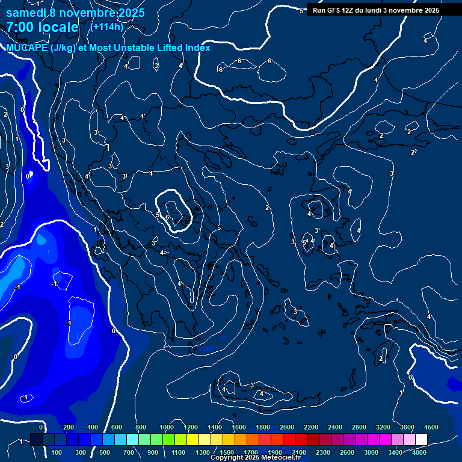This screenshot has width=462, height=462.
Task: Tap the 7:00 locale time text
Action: click(x=42, y=27)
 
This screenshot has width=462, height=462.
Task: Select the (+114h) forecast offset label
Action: click(x=106, y=26)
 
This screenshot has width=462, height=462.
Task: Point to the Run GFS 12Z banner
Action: click(x=376, y=10)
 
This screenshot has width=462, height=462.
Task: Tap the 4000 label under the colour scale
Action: click(x=419, y=452)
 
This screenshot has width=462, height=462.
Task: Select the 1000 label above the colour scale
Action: click(x=166, y=427)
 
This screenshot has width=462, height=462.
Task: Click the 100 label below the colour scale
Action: click(x=57, y=452)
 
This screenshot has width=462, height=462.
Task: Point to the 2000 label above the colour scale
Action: click(x=287, y=427)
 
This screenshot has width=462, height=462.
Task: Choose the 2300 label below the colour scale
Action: click(x=323, y=452)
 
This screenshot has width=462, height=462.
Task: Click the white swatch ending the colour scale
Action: click(x=421, y=440)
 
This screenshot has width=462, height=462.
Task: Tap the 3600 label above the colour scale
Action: click(x=407, y=427)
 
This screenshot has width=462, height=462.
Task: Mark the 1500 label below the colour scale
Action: click(x=227, y=452)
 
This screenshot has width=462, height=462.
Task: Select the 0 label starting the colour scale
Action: click(x=41, y=427)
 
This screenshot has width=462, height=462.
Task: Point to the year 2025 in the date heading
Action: click(x=131, y=13)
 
